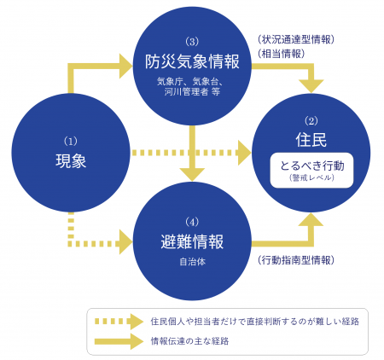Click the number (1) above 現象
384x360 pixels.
pyautogui.click(x=71, y=142)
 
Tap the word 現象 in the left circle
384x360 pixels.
pyautogui.click(x=71, y=160)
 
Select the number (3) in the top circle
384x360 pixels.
pyautogui.click(x=192, y=42)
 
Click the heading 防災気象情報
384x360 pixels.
pyautogui.click(x=192, y=61)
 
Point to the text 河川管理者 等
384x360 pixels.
pyautogui.click(x=192, y=91)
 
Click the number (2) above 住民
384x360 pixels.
pyautogui.click(x=311, y=121)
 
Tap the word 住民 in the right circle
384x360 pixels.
pyautogui.click(x=311, y=140)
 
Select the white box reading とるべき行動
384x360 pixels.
pyautogui.click(x=311, y=171)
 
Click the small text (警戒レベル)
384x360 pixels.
pyautogui.click(x=311, y=178)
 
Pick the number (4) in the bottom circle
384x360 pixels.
pyautogui.click(x=192, y=222)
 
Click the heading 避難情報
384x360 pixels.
pyautogui.click(x=192, y=241)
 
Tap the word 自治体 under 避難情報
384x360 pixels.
pyautogui.click(x=192, y=262)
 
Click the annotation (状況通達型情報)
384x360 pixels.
pyautogui.click(x=296, y=39)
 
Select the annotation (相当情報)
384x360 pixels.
pyautogui.click(x=281, y=54)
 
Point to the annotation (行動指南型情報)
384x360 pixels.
pyautogui.click(x=296, y=260)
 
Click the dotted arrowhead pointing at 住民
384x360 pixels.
pyautogui.click(x=244, y=153)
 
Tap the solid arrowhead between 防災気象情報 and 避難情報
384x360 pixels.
pyautogui.click(x=192, y=174)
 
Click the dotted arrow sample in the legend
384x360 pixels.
pyautogui.click(x=119, y=322)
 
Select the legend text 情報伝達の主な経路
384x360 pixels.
pyautogui.click(x=189, y=341)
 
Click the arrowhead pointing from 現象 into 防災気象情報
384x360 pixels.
pyautogui.click(x=125, y=67)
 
